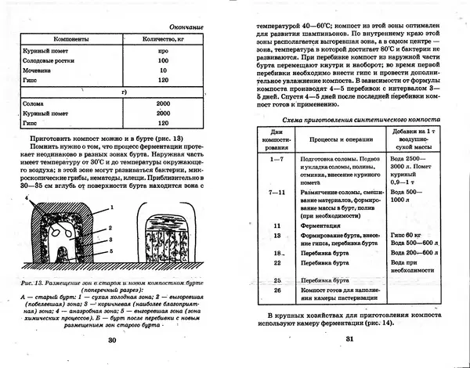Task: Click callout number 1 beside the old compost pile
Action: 112,206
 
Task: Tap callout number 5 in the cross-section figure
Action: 112,251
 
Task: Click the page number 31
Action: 350,339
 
